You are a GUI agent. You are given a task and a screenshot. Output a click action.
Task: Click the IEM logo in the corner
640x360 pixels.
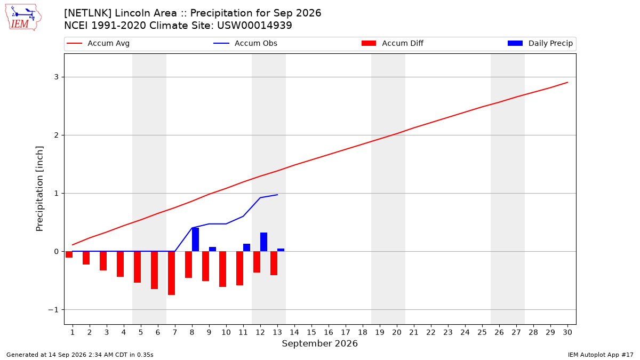pos(23,17)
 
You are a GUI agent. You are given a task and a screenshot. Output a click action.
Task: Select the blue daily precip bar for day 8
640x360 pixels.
pos(195,239)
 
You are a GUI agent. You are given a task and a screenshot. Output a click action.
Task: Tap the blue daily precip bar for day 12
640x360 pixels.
pos(263,242)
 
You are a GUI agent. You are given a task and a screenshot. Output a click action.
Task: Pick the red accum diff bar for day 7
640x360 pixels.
pos(171,273)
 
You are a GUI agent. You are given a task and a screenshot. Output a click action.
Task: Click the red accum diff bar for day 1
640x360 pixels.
pos(69,254)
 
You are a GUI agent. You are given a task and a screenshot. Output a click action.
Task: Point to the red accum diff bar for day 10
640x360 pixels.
pos(222,269)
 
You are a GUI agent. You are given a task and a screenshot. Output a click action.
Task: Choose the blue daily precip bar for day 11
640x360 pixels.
pos(246,247)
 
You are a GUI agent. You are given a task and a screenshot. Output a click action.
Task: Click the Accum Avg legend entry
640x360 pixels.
pos(98,43)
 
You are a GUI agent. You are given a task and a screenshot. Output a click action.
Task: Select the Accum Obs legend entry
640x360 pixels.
pos(245,43)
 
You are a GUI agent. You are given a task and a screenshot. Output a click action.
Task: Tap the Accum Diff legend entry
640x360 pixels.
pos(393,43)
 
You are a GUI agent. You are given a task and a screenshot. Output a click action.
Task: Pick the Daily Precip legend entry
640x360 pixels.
pos(540,43)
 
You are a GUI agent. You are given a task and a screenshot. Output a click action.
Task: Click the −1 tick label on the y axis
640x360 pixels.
pos(53,310)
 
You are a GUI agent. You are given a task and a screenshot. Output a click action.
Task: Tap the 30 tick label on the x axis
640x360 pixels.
pos(567,332)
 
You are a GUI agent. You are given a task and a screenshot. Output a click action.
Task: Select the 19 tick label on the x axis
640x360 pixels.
pos(380,332)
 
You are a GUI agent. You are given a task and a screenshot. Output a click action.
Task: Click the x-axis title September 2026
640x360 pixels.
pos(319,343)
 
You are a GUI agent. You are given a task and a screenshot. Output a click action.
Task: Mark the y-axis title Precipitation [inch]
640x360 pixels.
pos(39,189)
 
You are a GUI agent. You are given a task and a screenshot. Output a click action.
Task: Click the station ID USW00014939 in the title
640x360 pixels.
pos(254,26)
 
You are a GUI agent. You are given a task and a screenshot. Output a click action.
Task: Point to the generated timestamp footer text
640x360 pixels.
pos(79,355)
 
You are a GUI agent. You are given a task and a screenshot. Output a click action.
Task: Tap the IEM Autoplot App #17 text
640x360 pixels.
pos(601,355)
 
